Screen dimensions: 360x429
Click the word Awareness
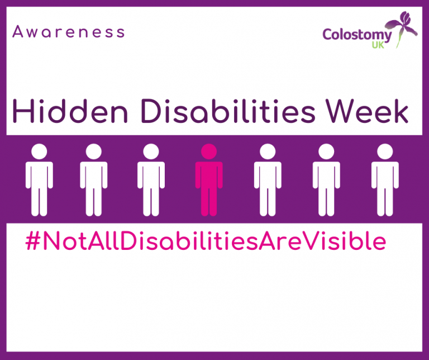[x=68, y=31]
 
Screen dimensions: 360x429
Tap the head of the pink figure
[x=209, y=151]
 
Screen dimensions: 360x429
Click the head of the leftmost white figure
[x=39, y=151]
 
